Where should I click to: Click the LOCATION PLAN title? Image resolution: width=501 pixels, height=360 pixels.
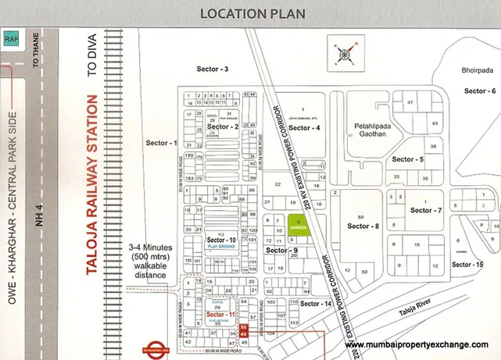(250, 13)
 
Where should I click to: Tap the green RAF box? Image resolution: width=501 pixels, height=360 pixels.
(11, 37)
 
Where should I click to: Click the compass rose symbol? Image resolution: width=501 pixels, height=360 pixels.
(345, 53)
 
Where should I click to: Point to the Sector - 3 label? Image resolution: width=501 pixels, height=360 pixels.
(212, 70)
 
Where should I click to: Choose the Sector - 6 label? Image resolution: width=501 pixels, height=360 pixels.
(479, 91)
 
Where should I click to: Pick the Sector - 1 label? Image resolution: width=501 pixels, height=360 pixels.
(162, 143)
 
